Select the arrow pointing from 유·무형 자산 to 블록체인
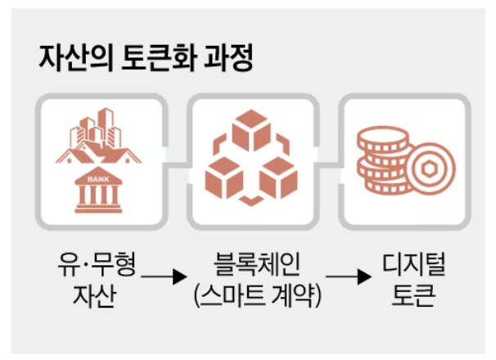coord(162,281)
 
